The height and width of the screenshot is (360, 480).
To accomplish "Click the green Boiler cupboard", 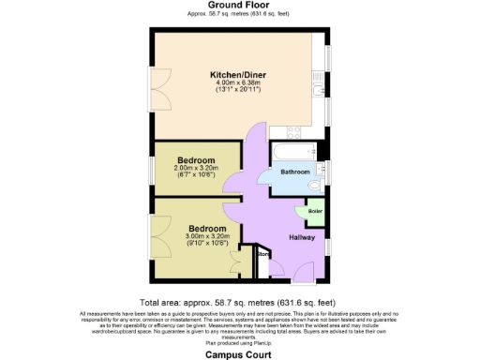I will [314, 211].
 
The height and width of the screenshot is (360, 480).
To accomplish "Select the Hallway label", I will [301, 236].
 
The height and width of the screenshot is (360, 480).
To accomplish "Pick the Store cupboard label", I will [263, 253].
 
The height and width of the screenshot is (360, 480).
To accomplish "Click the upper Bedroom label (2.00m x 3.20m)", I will [197, 159].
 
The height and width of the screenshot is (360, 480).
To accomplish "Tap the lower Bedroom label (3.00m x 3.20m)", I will [207, 229].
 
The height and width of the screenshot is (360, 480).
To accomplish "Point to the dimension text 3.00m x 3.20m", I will [207, 237].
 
